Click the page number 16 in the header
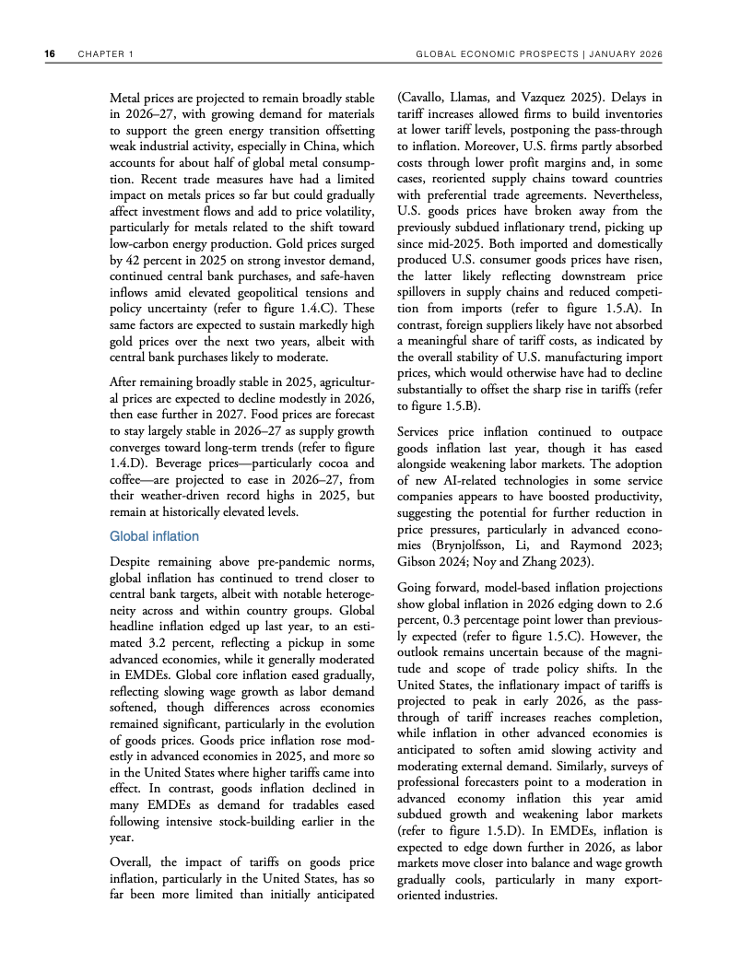coord(50,54)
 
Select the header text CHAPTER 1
coord(107,54)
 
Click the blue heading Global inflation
coord(154,535)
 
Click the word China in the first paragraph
coord(327,147)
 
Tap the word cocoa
coord(322,463)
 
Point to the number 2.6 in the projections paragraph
coord(652,604)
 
